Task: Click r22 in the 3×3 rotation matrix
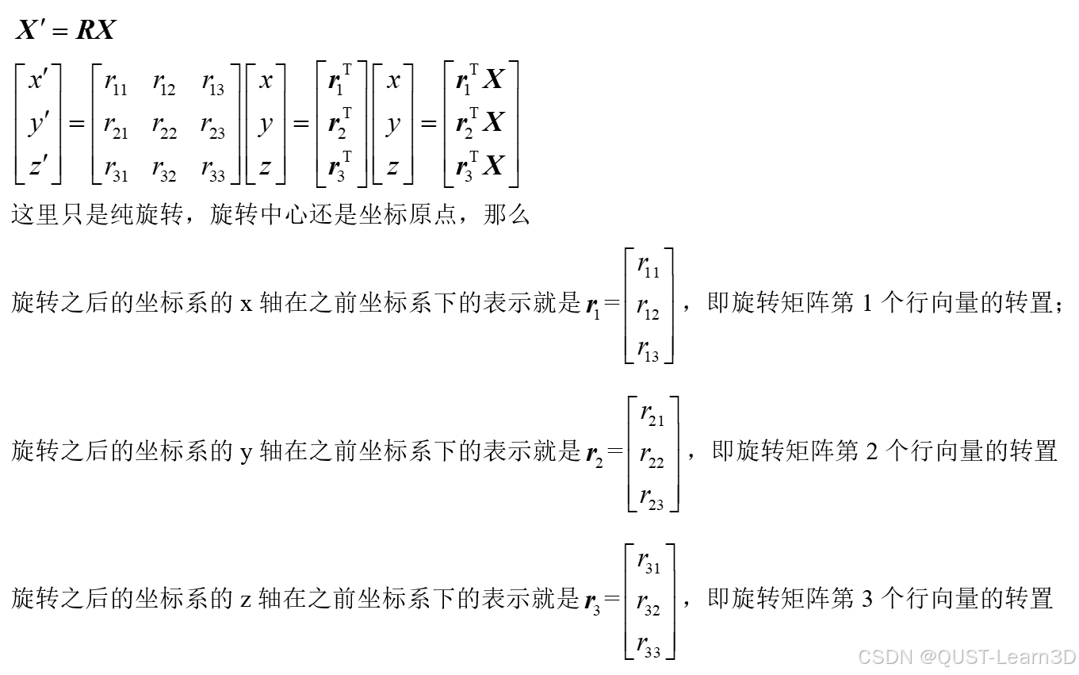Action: tap(164, 127)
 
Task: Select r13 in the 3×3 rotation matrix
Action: tap(212, 84)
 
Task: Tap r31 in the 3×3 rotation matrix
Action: tap(115, 169)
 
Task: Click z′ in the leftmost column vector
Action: tap(37, 167)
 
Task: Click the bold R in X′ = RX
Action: tap(85, 30)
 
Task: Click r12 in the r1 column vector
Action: tap(648, 309)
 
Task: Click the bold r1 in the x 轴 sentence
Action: tap(591, 306)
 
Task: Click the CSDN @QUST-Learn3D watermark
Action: tap(966, 658)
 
